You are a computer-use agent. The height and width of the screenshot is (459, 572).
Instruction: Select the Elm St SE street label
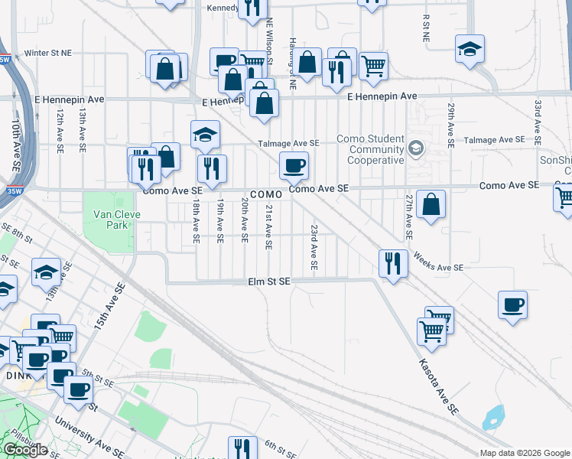coord(269,282)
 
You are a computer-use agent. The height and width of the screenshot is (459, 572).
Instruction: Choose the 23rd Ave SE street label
coord(314,247)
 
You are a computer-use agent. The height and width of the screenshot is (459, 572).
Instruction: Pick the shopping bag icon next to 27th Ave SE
coord(431,204)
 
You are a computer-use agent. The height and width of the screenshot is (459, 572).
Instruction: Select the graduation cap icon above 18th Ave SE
coord(205,135)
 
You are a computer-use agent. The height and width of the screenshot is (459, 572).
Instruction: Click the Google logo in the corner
coord(25,450)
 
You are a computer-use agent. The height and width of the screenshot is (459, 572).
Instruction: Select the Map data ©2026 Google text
coord(524,453)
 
